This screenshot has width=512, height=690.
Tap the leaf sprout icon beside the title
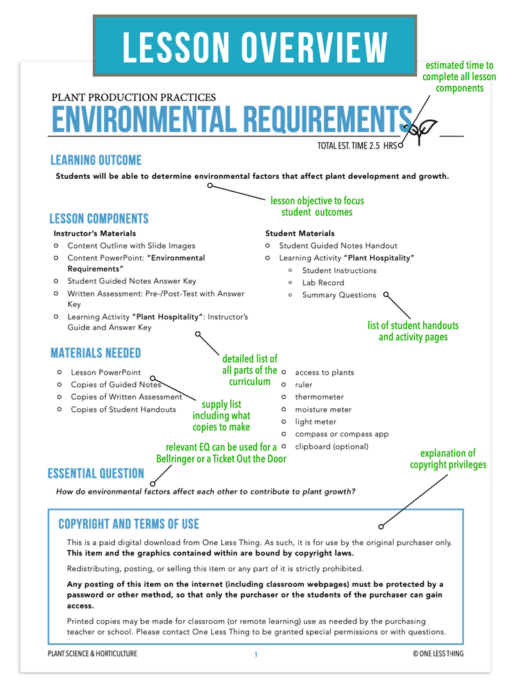424,131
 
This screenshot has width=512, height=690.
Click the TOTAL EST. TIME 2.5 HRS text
356,146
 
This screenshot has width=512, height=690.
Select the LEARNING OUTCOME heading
96,160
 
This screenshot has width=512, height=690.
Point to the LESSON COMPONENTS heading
99,218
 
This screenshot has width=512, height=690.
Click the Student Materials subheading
300,233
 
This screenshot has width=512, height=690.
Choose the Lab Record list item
323,283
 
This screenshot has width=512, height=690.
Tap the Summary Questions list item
339,295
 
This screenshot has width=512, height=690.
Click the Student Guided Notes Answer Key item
132,281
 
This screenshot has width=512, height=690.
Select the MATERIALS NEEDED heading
95,353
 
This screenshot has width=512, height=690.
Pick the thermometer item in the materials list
319,397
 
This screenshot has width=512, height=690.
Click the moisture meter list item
323,409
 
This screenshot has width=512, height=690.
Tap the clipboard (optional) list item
332,447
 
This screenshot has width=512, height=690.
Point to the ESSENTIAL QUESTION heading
96,473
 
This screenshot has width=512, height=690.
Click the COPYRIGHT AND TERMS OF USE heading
129,524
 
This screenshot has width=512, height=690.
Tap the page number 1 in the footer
255,654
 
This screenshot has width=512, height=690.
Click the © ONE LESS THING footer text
438,654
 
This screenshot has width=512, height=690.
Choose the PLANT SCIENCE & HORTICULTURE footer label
93,654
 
